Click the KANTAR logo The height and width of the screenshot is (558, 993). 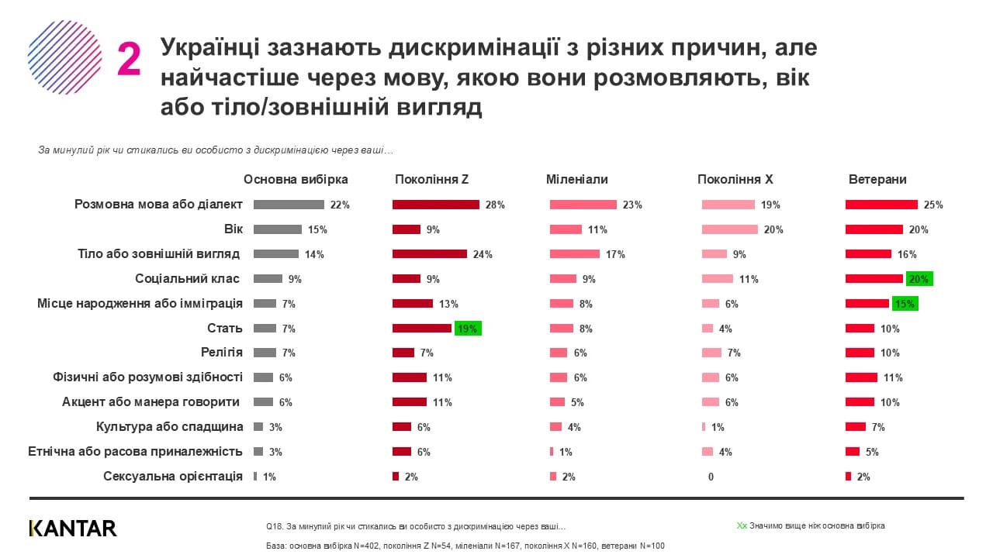click(x=73, y=529)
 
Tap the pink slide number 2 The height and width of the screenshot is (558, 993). click(x=129, y=60)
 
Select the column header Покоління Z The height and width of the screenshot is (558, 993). click(x=431, y=179)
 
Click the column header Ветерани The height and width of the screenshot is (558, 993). click(x=877, y=179)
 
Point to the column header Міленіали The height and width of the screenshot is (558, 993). click(x=577, y=179)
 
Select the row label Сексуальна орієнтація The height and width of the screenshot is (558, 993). click(x=173, y=476)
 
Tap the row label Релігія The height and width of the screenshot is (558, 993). click(x=222, y=353)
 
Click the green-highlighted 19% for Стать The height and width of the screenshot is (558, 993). click(x=468, y=329)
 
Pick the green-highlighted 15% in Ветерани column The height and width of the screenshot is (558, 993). click(x=905, y=304)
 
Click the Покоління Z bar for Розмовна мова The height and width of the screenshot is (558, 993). click(x=436, y=205)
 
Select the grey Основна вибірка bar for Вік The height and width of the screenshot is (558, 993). click(x=278, y=229)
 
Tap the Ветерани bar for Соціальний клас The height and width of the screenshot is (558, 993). click(x=874, y=279)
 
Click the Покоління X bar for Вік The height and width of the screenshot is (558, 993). click(x=730, y=229)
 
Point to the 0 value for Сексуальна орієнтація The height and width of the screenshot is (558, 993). click(x=711, y=477)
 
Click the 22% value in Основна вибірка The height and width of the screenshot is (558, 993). click(x=340, y=205)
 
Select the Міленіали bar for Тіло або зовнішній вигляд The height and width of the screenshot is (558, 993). click(x=575, y=254)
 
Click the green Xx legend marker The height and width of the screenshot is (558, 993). click(x=742, y=525)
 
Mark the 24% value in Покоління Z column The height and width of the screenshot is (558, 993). click(x=483, y=254)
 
